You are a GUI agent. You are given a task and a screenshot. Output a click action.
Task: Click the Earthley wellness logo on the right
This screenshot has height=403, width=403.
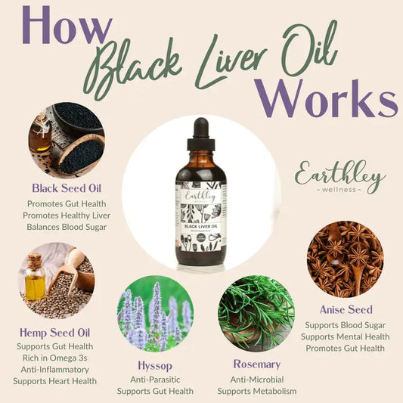coord(339,177)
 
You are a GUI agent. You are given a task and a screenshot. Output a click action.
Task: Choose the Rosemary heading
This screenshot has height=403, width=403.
coord(256,364)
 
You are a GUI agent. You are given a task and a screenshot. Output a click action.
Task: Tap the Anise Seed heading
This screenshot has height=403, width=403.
coord(345,309)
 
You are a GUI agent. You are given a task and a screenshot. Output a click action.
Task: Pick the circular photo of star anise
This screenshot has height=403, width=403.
coord(345,259)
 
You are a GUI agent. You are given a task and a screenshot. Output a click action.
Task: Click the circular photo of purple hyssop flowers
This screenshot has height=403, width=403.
coord(155,313)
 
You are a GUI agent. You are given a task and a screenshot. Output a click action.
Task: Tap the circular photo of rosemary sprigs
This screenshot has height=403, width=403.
coord(256,313)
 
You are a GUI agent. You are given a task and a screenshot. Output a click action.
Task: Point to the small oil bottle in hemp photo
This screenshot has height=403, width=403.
coord(34,280)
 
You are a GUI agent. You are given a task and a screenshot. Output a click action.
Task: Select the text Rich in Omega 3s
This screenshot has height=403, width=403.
coord(51,357)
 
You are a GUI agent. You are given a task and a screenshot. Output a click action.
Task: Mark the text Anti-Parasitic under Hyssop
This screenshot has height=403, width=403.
coord(155,379)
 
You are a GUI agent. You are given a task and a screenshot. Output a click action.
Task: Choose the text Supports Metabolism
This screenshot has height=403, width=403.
coord(256,391)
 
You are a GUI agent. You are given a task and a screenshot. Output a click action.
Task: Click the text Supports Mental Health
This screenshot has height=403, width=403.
coord(345,336)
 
